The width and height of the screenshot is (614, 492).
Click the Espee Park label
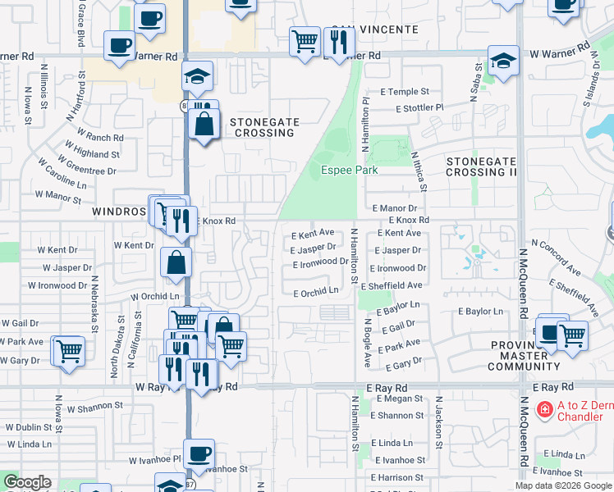(349, 170)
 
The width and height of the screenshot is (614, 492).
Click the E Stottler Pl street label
(419, 107)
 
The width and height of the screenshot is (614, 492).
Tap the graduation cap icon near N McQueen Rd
(503, 61)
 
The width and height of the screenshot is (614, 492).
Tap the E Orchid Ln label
(316, 291)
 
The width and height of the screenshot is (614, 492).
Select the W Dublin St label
(30, 426)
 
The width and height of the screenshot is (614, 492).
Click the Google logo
(27, 482)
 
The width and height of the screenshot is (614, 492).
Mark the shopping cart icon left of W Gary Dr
(70, 350)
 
